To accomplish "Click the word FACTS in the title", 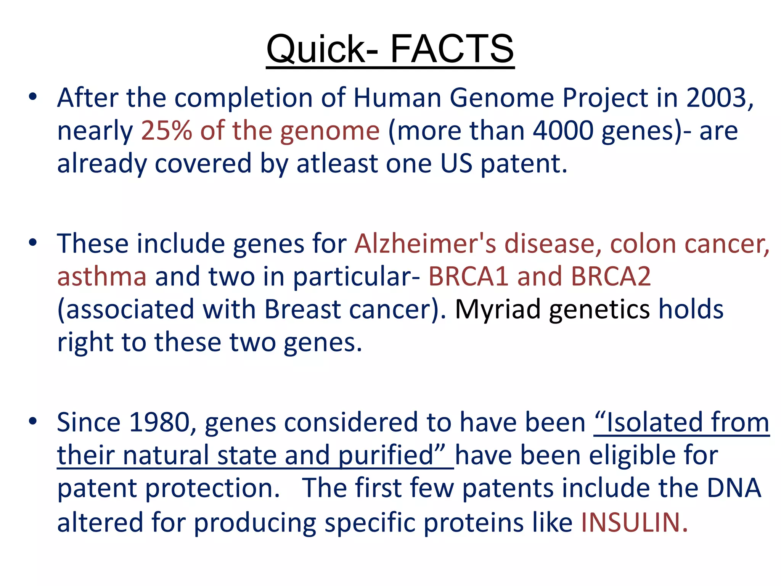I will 452,49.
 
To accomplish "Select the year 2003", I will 716,98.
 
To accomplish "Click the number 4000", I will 563,131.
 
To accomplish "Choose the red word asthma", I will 102,276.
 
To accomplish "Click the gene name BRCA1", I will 468,276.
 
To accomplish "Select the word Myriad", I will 498,309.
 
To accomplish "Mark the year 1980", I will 159,422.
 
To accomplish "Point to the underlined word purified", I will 387,456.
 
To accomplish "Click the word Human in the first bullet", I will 397,98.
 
